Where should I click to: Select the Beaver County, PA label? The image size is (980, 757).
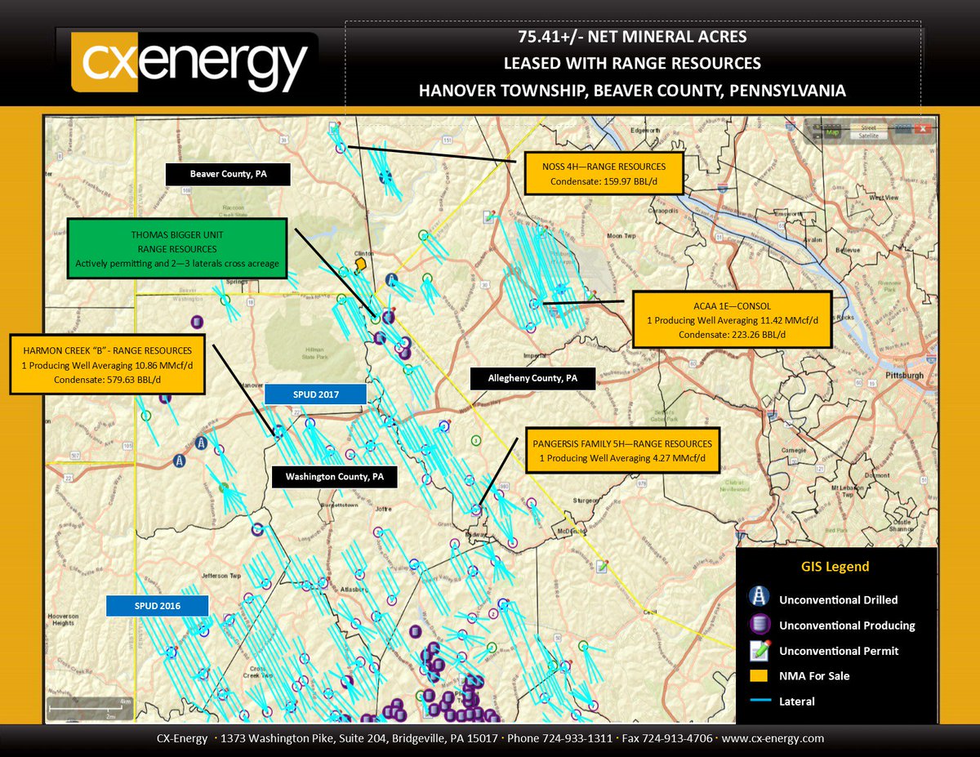(228, 174)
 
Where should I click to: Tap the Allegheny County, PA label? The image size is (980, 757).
(532, 379)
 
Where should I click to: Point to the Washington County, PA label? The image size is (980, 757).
(335, 476)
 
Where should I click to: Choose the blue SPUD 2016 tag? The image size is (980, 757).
(158, 606)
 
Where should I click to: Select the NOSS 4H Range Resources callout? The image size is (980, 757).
(603, 172)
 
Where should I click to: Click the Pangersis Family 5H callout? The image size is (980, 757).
(621, 451)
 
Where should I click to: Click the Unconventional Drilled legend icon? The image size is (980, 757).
(760, 599)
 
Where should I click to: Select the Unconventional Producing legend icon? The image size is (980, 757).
(760, 626)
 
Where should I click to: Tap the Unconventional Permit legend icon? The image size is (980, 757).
(760, 651)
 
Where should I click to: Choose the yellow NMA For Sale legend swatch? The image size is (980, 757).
(759, 675)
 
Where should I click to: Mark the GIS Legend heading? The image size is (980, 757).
(835, 567)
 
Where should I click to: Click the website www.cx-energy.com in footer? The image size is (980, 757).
(773, 738)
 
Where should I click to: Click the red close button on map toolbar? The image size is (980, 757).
(923, 129)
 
